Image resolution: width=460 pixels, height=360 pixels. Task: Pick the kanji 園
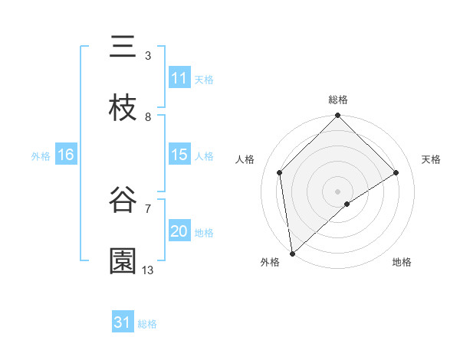(123, 260)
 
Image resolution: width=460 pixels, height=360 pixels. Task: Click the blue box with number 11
(179, 78)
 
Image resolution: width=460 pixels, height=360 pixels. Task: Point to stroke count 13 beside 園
(148, 270)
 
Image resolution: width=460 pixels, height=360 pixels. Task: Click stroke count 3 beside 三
(148, 56)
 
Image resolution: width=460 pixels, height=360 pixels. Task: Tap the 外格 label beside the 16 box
(41, 156)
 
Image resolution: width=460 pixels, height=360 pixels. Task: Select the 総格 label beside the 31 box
(147, 324)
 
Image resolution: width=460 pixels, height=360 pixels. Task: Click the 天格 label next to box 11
(204, 79)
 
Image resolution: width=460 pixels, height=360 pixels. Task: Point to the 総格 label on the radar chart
(338, 100)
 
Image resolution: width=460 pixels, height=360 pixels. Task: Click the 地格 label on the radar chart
(402, 262)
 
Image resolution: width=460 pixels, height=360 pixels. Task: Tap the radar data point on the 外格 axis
(292, 254)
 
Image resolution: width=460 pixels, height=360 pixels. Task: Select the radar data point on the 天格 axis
(396, 172)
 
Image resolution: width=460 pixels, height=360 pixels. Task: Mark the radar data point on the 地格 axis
(347, 204)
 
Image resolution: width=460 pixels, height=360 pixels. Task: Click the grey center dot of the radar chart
(338, 191)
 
